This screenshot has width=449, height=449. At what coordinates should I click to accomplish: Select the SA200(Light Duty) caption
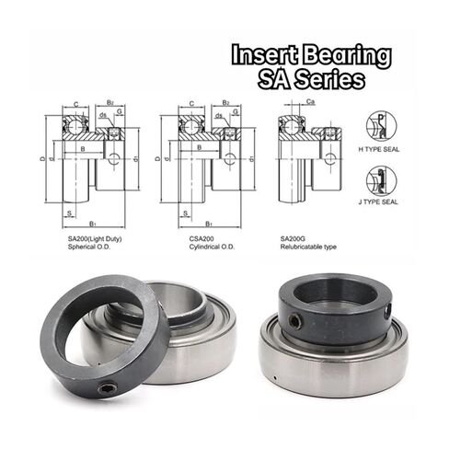93,238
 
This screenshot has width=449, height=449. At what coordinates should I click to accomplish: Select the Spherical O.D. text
88,247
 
